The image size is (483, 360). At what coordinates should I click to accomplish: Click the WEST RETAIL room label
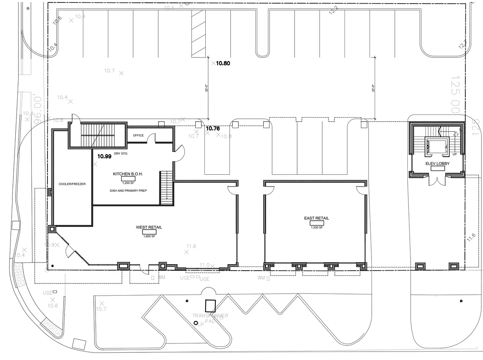(x=149, y=228)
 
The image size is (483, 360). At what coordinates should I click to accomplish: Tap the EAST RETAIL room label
(x=316, y=218)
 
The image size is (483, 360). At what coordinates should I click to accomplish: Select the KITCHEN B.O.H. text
(x=128, y=174)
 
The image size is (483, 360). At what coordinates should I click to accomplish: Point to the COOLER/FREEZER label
(x=72, y=184)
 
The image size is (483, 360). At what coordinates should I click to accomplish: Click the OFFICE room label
(x=138, y=135)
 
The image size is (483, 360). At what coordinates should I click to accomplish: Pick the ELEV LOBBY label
(x=438, y=163)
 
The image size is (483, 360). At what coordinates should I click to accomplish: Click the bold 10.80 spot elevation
(x=223, y=63)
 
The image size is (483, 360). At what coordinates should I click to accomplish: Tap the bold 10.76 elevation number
(x=213, y=129)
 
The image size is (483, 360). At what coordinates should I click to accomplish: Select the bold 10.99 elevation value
(x=104, y=156)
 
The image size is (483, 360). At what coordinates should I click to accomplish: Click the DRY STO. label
(x=121, y=154)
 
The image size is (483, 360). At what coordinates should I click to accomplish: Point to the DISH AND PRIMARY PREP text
(x=128, y=190)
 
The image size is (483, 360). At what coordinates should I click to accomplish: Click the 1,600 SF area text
(x=149, y=236)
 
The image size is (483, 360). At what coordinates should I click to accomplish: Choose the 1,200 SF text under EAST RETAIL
(x=316, y=227)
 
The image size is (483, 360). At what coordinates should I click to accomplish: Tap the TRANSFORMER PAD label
(x=210, y=318)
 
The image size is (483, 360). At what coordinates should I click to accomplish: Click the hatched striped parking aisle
(x=198, y=34)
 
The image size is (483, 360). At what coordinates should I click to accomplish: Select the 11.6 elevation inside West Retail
(x=191, y=246)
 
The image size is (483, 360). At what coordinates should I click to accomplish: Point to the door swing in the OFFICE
(x=152, y=138)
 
